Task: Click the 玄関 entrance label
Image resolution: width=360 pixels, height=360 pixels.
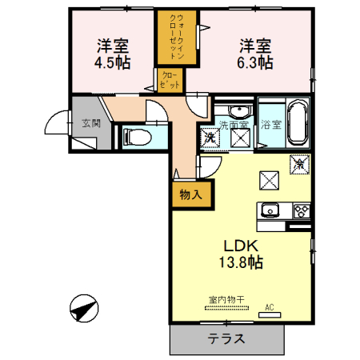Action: coord(90,123)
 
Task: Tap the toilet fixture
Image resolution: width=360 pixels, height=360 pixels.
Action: coord(138,137)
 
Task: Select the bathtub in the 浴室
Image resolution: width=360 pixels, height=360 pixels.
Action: coord(296,122)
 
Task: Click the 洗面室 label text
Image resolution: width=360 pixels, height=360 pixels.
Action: coord(233,124)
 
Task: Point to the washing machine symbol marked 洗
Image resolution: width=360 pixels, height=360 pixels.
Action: coord(208,138)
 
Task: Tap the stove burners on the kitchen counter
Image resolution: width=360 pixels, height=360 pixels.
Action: coord(302,211)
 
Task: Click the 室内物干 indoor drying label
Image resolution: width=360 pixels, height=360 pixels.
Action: coord(224,301)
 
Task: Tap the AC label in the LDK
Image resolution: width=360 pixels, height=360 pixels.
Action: coord(269,306)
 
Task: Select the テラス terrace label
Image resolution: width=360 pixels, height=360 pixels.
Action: coord(226,339)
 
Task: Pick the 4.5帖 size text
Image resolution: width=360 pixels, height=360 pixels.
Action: coord(114,62)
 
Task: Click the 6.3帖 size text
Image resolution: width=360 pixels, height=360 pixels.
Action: coord(254,62)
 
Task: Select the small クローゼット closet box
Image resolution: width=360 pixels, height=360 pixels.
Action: coord(171,79)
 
